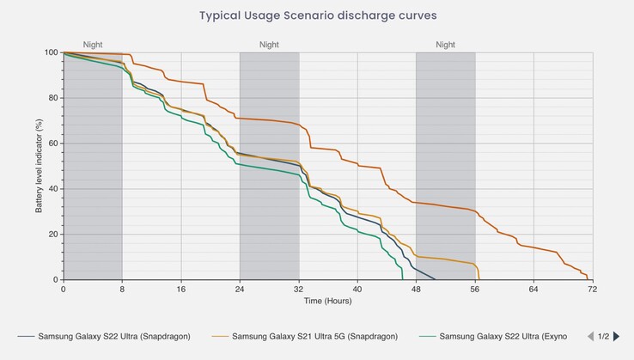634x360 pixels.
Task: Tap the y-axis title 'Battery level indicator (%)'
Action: [x=39, y=166]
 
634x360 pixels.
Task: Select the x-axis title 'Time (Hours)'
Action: [x=327, y=301]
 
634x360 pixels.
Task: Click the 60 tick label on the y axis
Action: [x=52, y=143]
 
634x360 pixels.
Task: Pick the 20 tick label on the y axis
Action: [x=52, y=235]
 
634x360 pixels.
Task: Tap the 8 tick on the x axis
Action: [x=122, y=290]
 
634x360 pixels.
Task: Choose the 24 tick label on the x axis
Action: [x=240, y=290]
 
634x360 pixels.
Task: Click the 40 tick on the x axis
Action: [x=357, y=290]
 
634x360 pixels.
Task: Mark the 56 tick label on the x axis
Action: [x=475, y=290]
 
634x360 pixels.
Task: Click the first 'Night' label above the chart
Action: [x=93, y=45]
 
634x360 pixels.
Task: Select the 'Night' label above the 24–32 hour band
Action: [x=269, y=45]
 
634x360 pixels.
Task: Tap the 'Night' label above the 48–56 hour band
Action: [x=445, y=45]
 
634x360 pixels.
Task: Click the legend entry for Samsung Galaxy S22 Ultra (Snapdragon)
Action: [x=113, y=336]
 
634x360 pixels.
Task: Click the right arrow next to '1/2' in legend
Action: [x=616, y=336]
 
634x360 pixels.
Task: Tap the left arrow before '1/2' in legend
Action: [x=590, y=336]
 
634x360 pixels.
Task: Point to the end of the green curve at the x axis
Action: [x=402, y=279]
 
